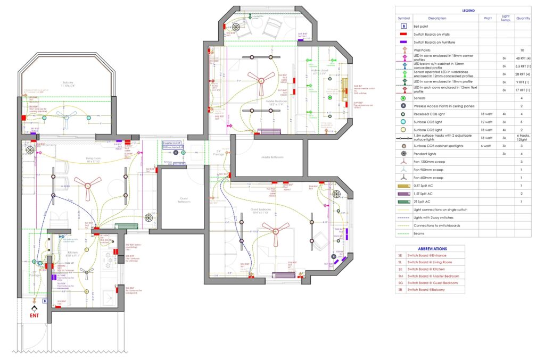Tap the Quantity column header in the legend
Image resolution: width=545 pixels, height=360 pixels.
[523, 18]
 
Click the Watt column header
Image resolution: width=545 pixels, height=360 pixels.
[488, 18]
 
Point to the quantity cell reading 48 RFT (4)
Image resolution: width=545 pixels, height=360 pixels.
[523, 58]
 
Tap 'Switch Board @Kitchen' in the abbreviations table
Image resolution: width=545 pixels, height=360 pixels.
[428, 269]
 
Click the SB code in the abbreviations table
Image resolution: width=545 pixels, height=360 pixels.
[400, 290]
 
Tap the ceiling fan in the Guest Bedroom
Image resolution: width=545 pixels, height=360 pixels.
[277, 230]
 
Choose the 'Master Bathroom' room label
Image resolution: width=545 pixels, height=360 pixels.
[272, 157]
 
